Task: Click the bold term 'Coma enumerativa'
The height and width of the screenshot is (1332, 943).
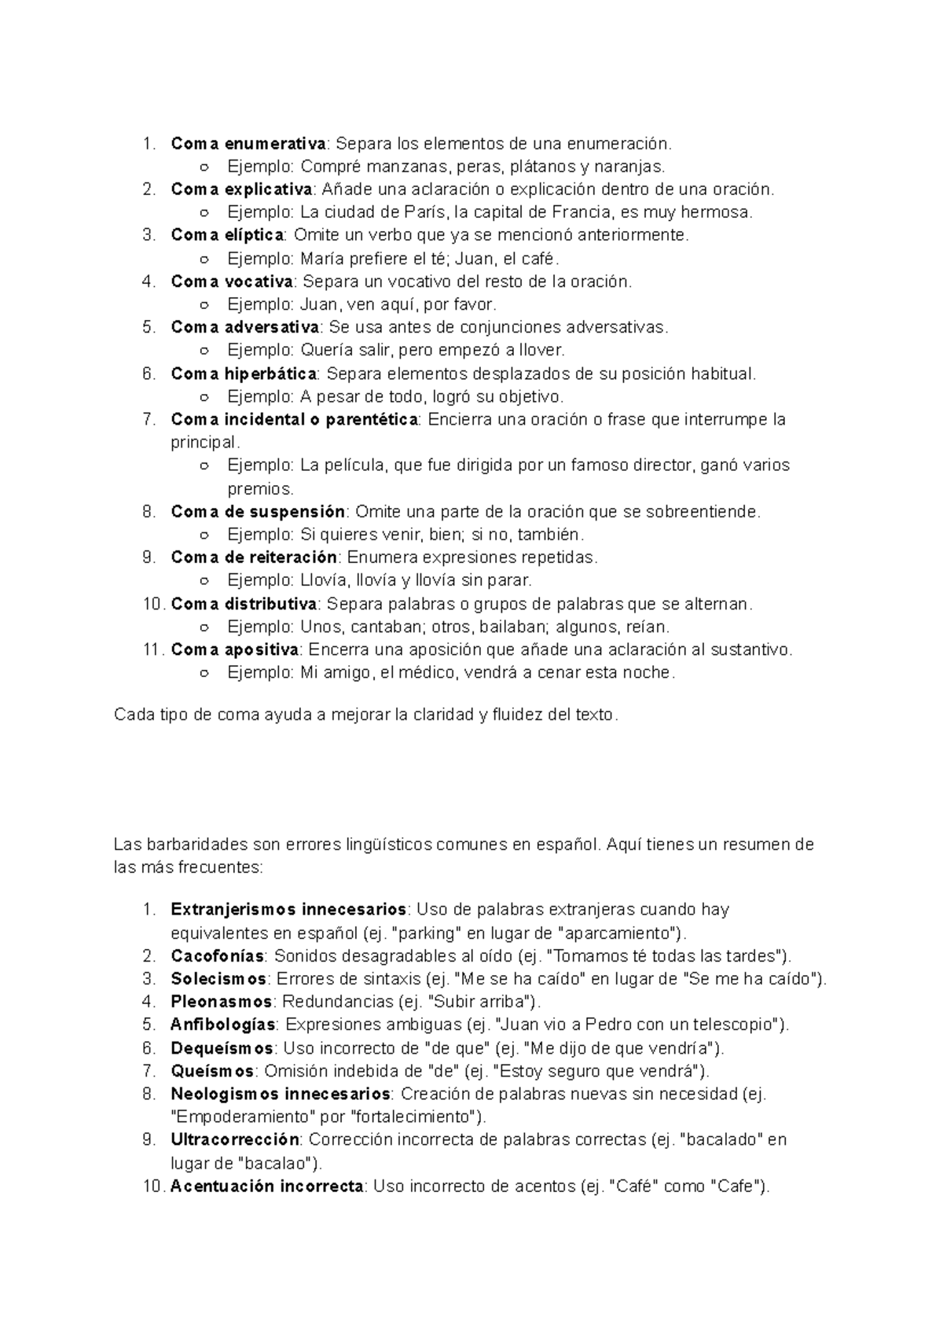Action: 248,144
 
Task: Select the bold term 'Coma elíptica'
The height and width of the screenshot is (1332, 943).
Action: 227,235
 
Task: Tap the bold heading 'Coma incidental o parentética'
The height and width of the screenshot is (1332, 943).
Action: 295,420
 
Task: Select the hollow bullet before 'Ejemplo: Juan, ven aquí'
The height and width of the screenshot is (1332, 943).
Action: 204,305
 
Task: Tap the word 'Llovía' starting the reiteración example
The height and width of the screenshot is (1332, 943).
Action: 323,581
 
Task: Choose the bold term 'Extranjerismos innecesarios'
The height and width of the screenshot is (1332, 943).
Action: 288,911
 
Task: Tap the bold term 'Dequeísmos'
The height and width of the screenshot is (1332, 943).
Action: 222,1049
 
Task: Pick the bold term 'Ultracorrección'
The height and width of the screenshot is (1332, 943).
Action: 235,1140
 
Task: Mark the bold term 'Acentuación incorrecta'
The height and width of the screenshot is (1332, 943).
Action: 267,1187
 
